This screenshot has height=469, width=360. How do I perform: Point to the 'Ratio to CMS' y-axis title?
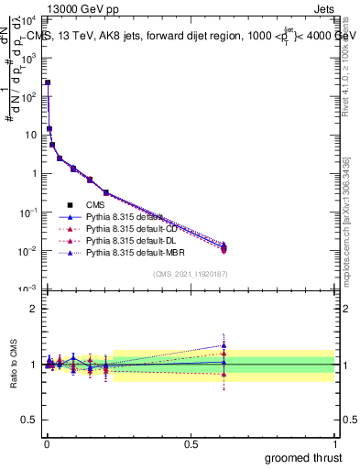pos(14,365)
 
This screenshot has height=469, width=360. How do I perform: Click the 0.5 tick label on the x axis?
pos(190,443)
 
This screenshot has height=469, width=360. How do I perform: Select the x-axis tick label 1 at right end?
pos(335,443)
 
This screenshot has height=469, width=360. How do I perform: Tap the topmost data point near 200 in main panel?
pos(48,82)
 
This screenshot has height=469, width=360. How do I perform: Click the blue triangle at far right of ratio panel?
pos(224,345)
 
